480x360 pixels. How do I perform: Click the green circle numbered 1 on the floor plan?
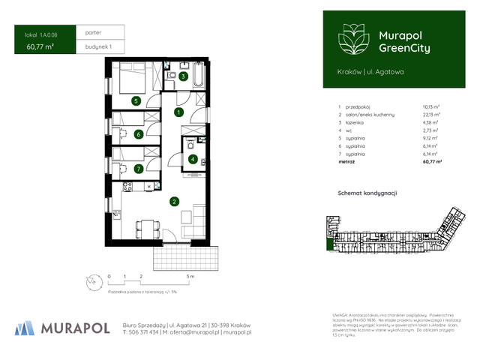coord(178,112)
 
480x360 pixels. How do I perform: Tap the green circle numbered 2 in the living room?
coord(173,201)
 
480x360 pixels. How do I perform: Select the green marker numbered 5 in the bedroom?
coord(135,100)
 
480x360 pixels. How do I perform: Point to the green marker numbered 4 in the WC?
coord(193,159)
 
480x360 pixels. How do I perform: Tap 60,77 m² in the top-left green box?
coord(40,46)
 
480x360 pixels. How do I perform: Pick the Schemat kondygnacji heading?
coord(367,193)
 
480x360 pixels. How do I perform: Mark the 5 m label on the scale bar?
coord(192,277)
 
